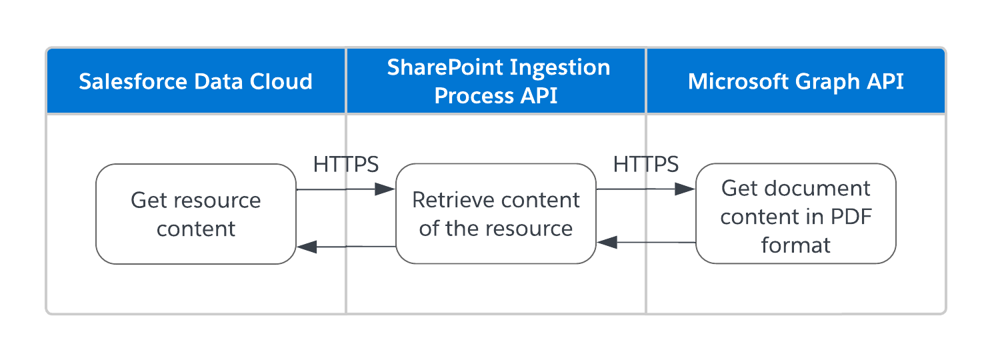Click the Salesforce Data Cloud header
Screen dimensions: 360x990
[x=195, y=81]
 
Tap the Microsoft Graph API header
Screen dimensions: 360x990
[x=795, y=81]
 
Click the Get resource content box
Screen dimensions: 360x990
[x=195, y=214]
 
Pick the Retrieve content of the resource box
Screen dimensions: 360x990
[x=496, y=214]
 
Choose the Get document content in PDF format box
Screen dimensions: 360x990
[x=795, y=214]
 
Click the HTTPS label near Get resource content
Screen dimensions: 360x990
[x=346, y=164]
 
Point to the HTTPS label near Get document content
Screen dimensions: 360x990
[x=646, y=164]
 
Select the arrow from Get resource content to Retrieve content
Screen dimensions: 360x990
[x=346, y=189]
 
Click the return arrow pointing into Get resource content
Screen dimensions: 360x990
[x=346, y=247]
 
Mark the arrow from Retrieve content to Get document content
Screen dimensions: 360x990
[x=646, y=189]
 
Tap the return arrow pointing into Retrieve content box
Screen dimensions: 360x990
[x=646, y=243]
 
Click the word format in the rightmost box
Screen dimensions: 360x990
[x=795, y=245]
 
